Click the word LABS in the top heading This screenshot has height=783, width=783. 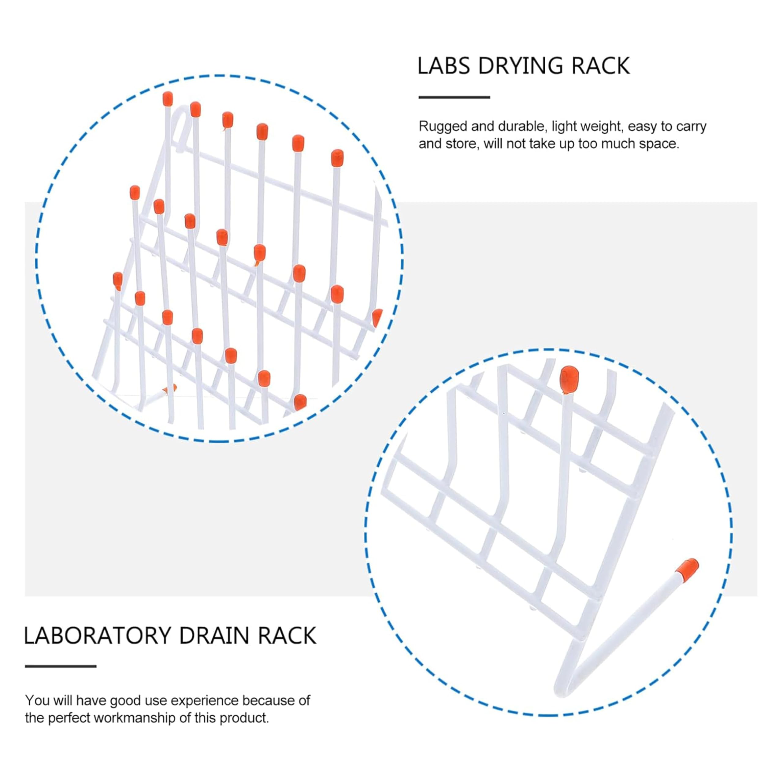pos(444,66)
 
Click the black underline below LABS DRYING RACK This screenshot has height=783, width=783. pos(454,97)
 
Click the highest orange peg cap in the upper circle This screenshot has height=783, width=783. pos(167,98)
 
